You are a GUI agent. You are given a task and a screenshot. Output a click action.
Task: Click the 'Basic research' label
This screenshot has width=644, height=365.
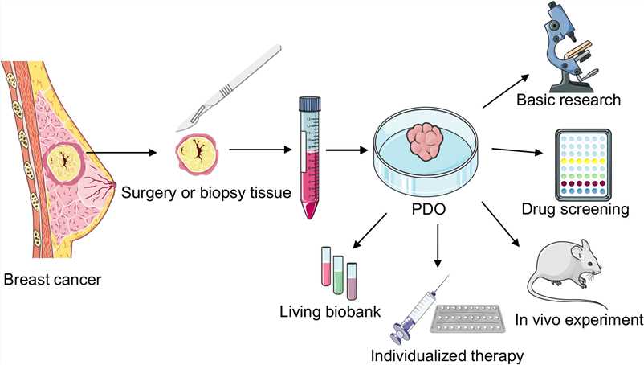click(x=569, y=100)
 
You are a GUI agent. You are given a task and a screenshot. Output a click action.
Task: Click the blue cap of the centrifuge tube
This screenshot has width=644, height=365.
click(x=309, y=104)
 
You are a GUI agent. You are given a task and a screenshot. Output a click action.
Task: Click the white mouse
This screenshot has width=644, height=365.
click(x=569, y=273)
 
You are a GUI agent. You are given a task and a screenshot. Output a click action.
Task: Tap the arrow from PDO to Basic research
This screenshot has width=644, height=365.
click(x=506, y=89)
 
